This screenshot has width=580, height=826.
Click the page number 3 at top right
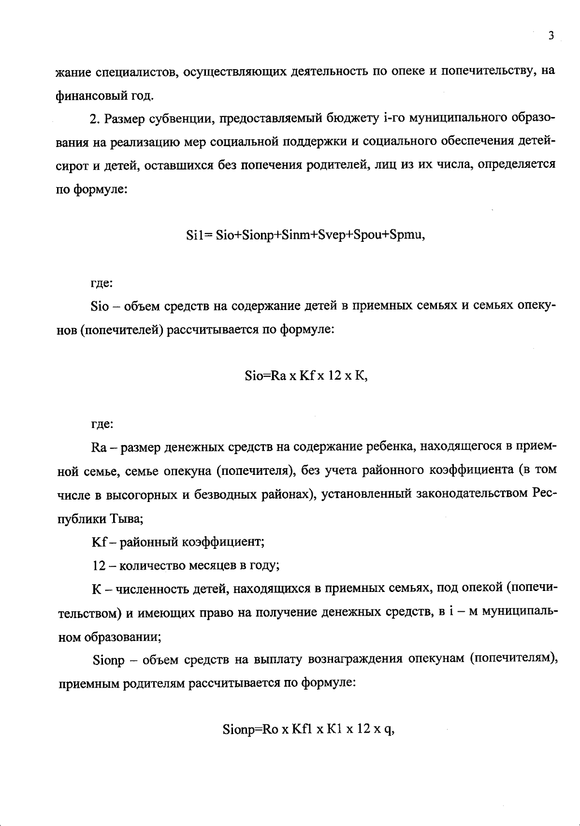pos(551,36)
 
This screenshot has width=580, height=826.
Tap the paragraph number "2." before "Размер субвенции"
pos(95,119)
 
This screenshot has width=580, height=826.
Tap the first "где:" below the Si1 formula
pos(102,283)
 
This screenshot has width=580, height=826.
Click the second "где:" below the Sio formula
pos(102,425)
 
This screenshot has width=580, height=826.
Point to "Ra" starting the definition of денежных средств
pos(99,447)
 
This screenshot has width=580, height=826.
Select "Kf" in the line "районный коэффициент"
pos(98,542)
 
